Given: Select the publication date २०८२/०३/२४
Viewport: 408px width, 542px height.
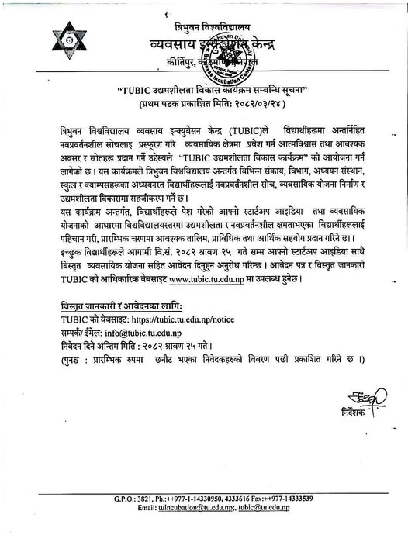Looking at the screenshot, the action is point(247,103).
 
